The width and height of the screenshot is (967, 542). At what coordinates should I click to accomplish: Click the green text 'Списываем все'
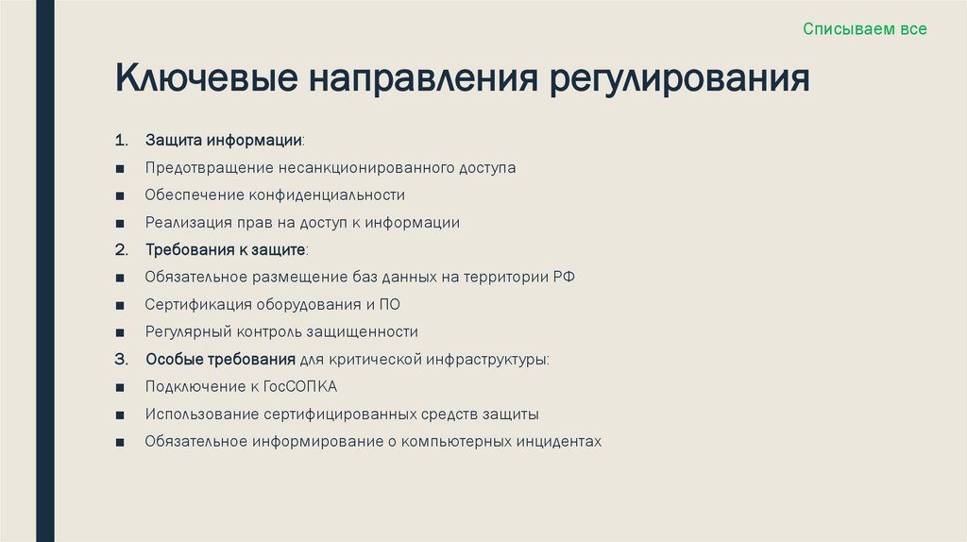coord(865,29)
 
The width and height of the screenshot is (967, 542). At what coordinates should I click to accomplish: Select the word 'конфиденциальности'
coord(327,195)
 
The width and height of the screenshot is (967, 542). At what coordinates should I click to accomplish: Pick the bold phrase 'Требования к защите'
coord(226,250)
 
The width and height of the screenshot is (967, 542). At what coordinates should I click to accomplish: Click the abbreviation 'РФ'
coord(565,278)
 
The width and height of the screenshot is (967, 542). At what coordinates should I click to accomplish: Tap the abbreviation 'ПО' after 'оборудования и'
coord(402,305)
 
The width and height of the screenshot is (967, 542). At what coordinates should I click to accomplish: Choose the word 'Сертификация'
coord(192,305)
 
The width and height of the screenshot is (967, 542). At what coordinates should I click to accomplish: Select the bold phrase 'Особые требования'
coord(220,360)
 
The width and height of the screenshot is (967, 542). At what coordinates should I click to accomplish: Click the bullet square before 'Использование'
coord(121,415)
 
